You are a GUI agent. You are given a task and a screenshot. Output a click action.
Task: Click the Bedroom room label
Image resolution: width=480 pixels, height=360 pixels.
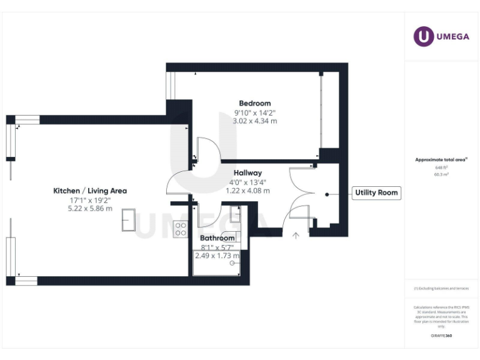(x=255, y=103)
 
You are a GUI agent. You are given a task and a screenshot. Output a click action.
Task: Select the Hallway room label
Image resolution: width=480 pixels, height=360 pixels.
(x=247, y=172)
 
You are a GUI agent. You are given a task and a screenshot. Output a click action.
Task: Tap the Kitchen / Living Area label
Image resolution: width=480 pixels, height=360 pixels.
(x=90, y=191)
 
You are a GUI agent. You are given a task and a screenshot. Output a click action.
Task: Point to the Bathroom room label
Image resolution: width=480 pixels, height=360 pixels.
(x=217, y=238)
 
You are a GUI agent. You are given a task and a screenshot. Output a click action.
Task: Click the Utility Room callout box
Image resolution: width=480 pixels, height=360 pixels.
(x=376, y=193)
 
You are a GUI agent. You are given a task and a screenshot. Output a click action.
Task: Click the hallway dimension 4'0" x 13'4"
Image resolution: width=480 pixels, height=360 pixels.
(x=247, y=182)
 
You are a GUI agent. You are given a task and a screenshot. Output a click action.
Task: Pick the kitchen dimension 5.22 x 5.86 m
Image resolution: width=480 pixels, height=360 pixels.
(x=90, y=208)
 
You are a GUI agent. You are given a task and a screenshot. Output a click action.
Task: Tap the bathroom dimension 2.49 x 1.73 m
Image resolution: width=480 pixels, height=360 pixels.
(x=217, y=256)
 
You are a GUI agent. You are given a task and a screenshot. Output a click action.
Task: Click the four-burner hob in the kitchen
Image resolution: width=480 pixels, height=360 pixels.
(x=181, y=229)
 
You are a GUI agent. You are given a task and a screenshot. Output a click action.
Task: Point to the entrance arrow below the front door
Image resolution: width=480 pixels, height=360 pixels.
(x=296, y=235)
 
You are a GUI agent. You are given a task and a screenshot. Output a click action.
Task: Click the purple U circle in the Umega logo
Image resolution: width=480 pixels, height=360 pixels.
(x=423, y=36)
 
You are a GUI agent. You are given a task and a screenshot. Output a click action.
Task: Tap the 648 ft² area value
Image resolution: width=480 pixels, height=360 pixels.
(x=441, y=168)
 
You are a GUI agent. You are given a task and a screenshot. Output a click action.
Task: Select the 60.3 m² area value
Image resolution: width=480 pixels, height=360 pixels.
(x=441, y=175)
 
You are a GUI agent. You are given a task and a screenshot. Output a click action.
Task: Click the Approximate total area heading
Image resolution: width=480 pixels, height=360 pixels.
(x=441, y=160)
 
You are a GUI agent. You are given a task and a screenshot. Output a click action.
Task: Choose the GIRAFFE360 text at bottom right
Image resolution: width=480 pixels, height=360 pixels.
(x=441, y=336)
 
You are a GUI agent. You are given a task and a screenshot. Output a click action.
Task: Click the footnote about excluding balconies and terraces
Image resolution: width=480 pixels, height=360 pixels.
(x=441, y=289)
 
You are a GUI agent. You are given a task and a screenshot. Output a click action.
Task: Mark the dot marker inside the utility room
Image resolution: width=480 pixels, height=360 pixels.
(x=326, y=194)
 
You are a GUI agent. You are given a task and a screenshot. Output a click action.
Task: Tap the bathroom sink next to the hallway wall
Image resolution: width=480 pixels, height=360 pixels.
(x=236, y=214)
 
